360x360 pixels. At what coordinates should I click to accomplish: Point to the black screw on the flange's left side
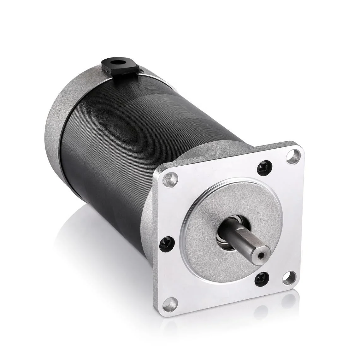166,244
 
